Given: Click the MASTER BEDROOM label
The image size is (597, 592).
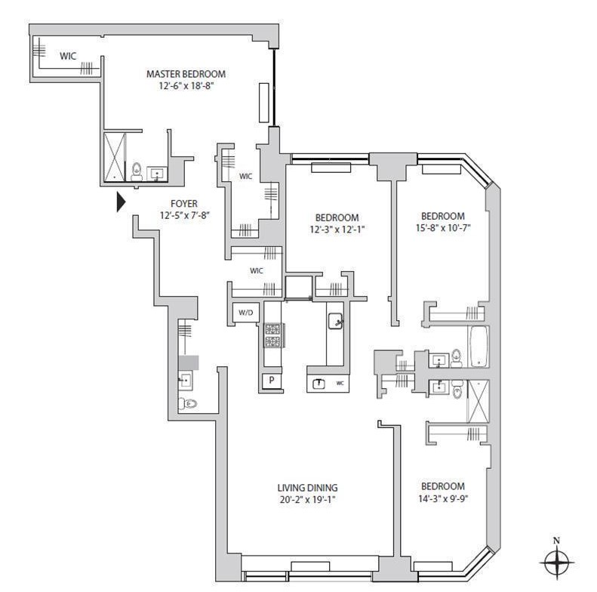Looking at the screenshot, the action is click(x=186, y=74).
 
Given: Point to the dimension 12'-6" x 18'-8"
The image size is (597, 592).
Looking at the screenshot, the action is click(x=186, y=86).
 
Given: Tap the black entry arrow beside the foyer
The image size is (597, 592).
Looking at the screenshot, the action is click(x=119, y=202).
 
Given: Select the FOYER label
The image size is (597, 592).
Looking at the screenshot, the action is click(x=184, y=203).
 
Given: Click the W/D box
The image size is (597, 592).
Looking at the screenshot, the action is click(x=245, y=312).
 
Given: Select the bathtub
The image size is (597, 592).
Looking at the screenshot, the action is click(x=479, y=347).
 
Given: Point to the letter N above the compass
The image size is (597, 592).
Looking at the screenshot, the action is click(x=556, y=540).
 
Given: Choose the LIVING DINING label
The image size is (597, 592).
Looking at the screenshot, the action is click(x=306, y=487).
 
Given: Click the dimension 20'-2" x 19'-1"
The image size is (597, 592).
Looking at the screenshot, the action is click(x=306, y=499).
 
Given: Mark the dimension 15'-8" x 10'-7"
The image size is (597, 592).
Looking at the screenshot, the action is click(x=442, y=227).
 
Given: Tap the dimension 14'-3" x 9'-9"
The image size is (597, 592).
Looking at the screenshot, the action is click(x=442, y=498).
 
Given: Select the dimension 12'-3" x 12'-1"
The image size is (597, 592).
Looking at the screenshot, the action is click(x=337, y=230).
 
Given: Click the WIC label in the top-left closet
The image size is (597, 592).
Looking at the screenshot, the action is click(x=68, y=55).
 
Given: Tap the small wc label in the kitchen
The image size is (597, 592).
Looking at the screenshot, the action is click(x=340, y=382).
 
